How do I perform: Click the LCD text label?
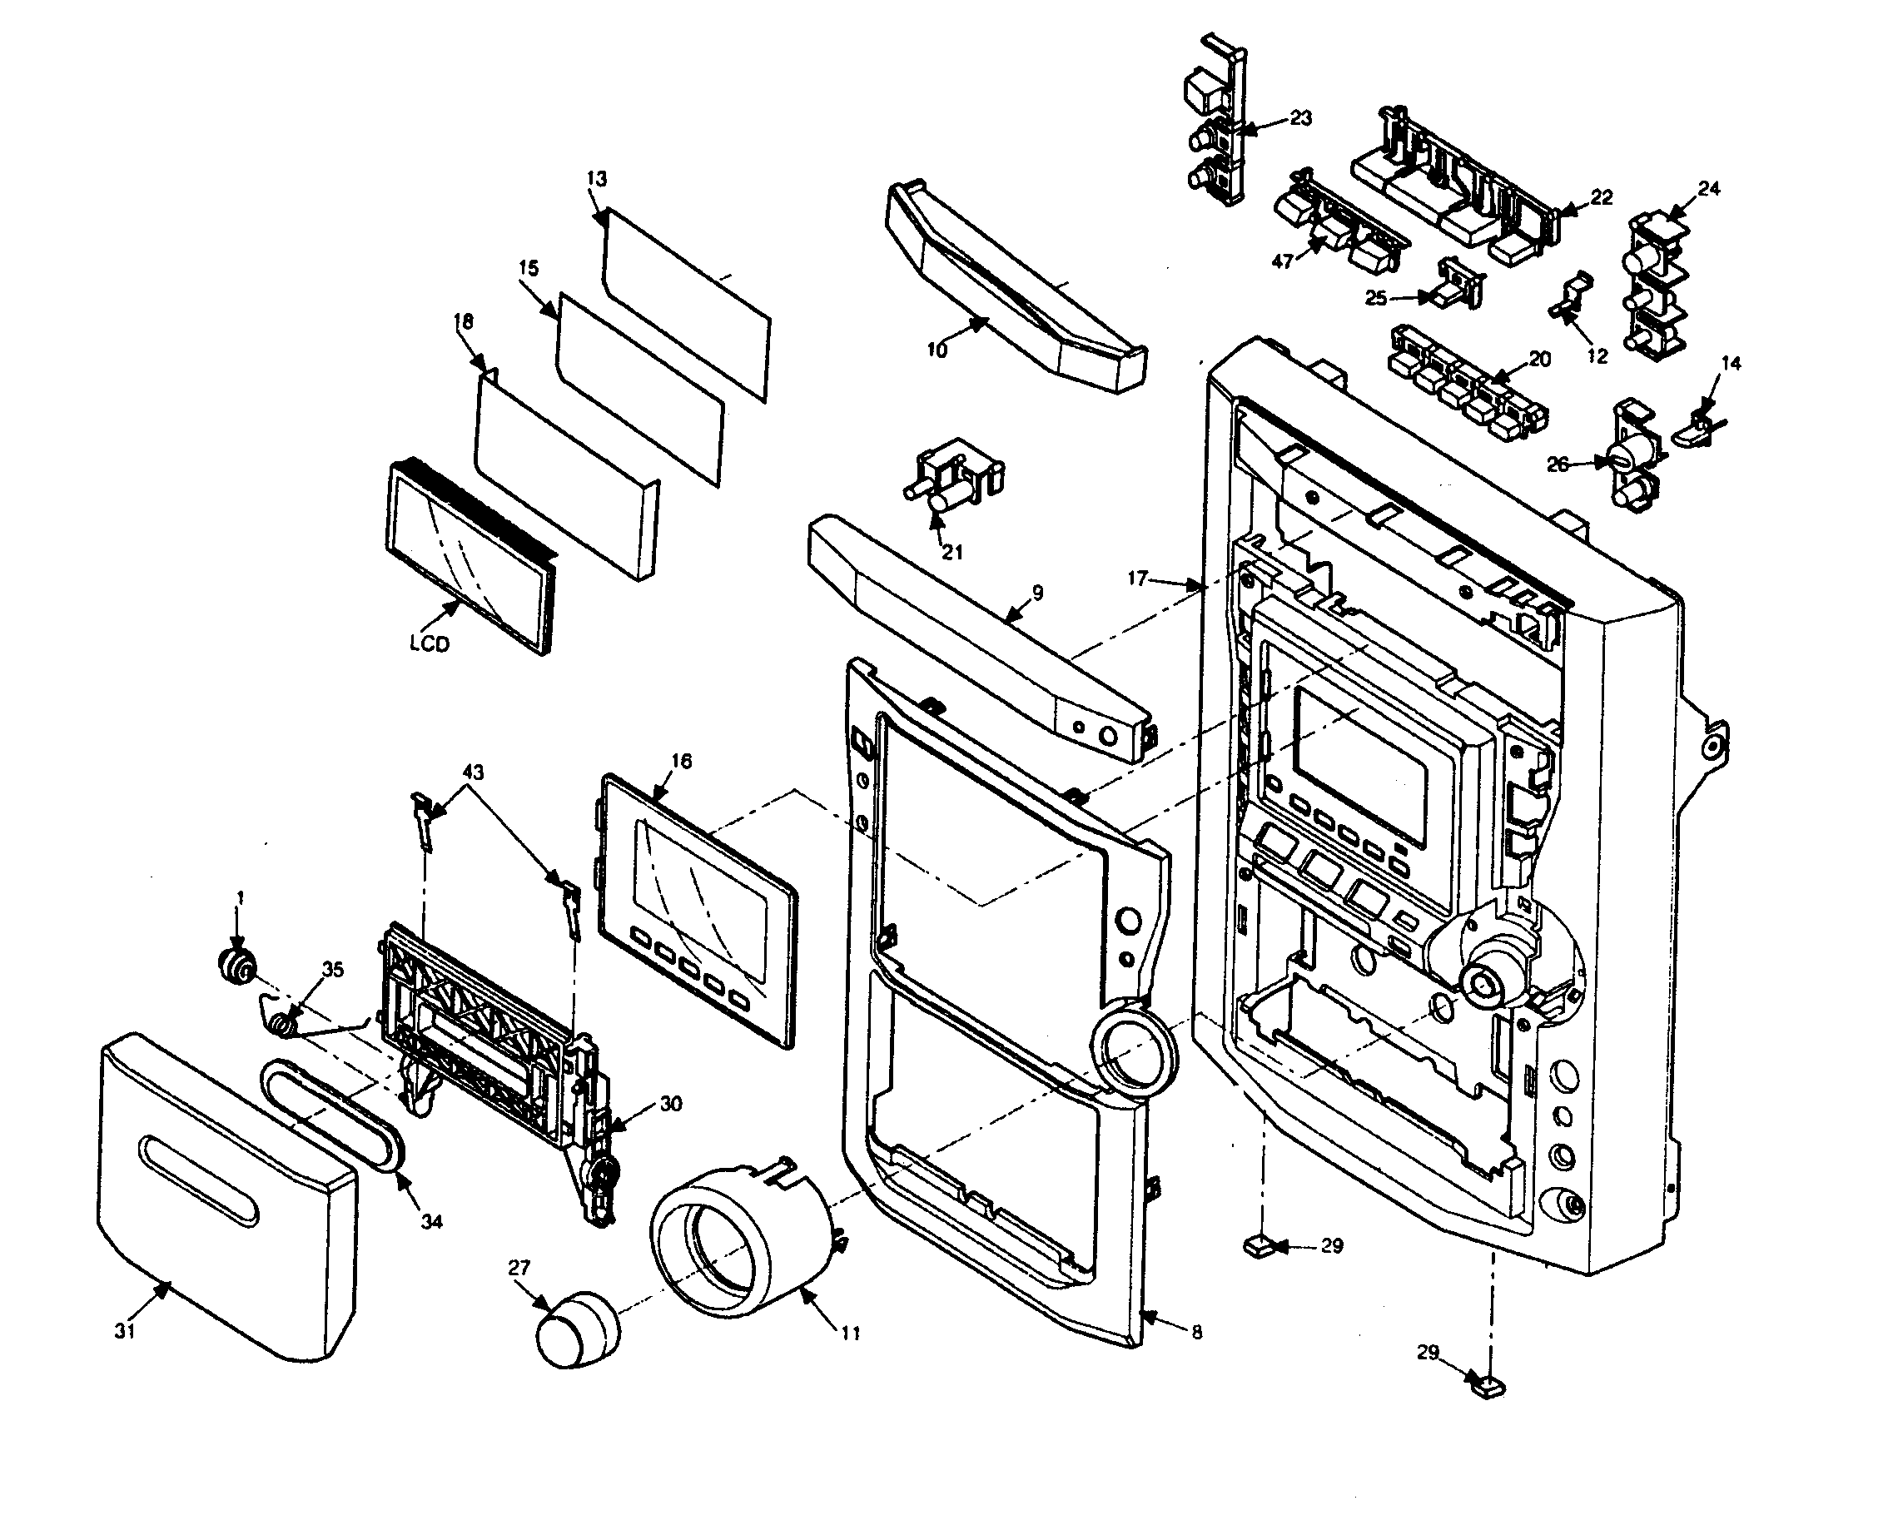pos(429,643)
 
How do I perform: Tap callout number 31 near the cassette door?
pos(125,1331)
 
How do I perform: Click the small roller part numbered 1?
pos(236,966)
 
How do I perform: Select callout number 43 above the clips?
pos(473,772)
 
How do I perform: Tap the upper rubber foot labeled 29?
pos(1257,1244)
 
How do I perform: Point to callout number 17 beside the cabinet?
pos(1137,578)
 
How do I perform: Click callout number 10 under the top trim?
pos(937,350)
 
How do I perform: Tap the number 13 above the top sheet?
pos(596,179)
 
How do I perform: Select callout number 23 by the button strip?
pos(1300,118)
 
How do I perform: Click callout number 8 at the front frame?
pos(1195,1332)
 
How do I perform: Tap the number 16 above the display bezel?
pos(680,761)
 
